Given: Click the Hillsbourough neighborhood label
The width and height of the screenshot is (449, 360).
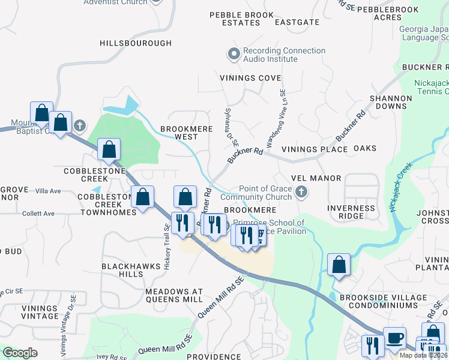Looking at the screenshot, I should click(x=136, y=43).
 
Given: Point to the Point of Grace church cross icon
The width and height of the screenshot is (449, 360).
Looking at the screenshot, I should click(x=301, y=193).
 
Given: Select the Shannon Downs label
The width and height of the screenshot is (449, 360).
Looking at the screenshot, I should click(x=391, y=102).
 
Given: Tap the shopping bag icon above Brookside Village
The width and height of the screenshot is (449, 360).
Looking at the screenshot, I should click(x=339, y=264).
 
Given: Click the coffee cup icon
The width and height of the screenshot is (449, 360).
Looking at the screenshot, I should click(x=394, y=338).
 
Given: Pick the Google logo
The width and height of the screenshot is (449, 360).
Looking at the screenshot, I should click(x=20, y=353).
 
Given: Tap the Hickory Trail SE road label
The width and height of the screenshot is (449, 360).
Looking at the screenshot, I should click(x=167, y=245).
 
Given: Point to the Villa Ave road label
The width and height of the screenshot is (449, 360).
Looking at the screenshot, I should click(x=49, y=191).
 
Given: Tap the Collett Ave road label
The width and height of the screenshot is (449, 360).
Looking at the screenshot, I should click(x=39, y=213).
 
